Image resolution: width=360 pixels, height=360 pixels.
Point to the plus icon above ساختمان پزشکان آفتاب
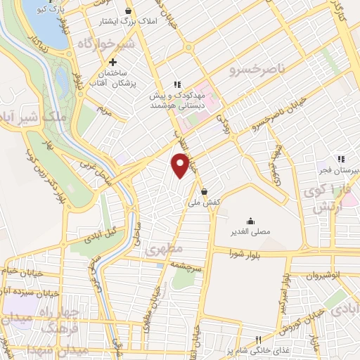tap(112, 63)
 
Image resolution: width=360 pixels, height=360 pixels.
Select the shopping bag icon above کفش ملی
tap(204, 191)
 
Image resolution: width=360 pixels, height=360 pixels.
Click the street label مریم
tap(104, 110)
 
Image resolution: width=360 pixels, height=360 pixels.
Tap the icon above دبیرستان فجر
tap(340, 159)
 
